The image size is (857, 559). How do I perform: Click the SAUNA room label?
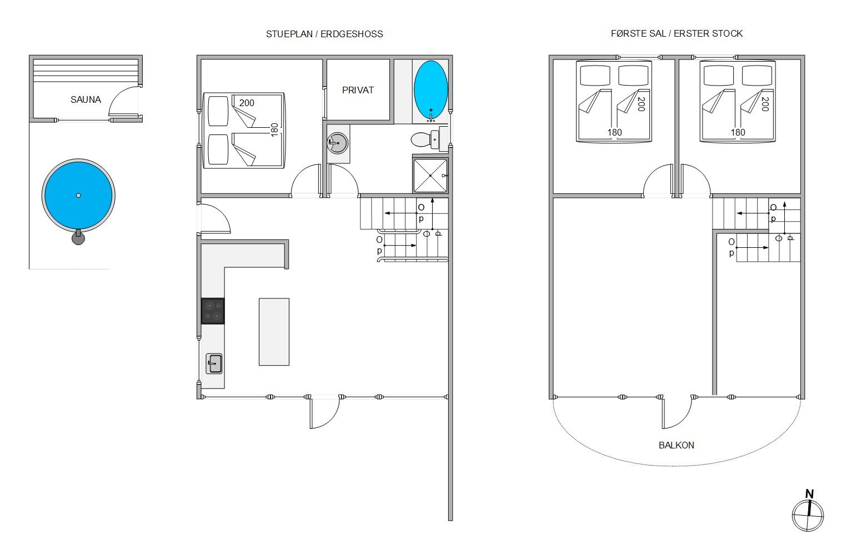[x=86, y=100]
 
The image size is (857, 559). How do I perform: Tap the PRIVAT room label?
[x=358, y=91]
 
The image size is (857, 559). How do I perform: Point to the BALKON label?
[x=676, y=445]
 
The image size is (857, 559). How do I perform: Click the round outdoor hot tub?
[x=78, y=196]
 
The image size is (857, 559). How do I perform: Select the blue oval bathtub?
[x=430, y=91]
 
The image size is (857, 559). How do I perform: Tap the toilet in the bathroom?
[x=425, y=139]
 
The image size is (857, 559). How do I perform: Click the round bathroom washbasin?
[x=338, y=143]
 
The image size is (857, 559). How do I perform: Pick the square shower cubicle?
[x=430, y=176]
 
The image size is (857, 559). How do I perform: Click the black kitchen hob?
[x=213, y=311]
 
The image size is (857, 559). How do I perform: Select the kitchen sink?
[x=214, y=363]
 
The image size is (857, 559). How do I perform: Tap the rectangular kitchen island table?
[x=274, y=332]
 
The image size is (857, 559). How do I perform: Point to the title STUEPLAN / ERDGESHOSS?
[x=324, y=34]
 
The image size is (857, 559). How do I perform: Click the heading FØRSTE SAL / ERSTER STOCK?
[x=676, y=34]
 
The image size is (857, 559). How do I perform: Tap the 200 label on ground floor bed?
[x=247, y=103]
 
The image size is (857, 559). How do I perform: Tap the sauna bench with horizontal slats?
[x=86, y=71]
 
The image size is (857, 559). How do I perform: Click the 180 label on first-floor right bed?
[x=738, y=132]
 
